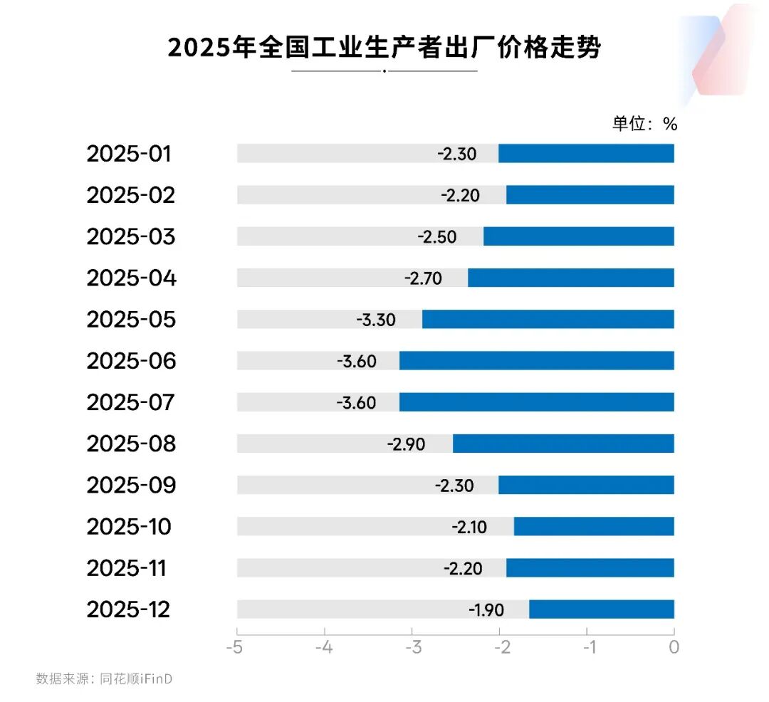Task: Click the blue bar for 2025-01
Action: pyautogui.click(x=586, y=153)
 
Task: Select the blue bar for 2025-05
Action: pyautogui.click(x=548, y=319)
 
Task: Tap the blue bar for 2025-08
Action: pyautogui.click(x=563, y=444)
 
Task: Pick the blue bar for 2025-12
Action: pyautogui.click(x=601, y=609)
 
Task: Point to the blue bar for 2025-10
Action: pyautogui.click(x=593, y=527)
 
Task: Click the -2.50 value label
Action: pyautogui.click(x=437, y=236)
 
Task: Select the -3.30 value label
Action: pyautogui.click(x=376, y=320)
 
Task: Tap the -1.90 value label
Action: pyautogui.click(x=486, y=610)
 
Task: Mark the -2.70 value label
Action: pyautogui.click(x=424, y=278)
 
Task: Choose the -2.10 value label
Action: pyautogui.click(x=469, y=527)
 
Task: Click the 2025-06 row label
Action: pyautogui.click(x=131, y=361)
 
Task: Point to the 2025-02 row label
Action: pyautogui.click(x=131, y=195)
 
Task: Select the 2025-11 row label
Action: pyautogui.click(x=127, y=568)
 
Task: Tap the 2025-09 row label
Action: pyautogui.click(x=131, y=486)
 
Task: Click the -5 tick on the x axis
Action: pyautogui.click(x=236, y=647)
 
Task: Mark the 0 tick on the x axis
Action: pyautogui.click(x=674, y=647)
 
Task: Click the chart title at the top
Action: pyautogui.click(x=384, y=48)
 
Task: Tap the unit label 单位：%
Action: pyautogui.click(x=645, y=124)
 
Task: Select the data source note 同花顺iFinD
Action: pyautogui.click(x=105, y=679)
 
